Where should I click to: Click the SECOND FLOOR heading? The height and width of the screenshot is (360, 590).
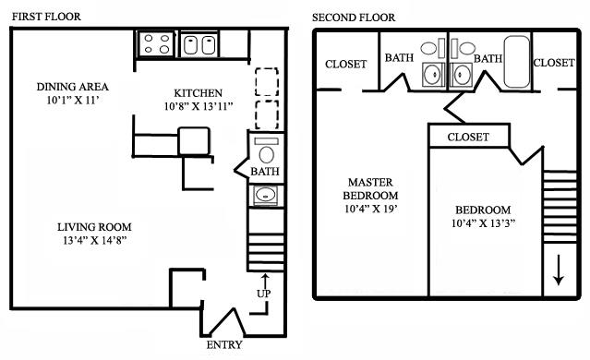click(354, 17)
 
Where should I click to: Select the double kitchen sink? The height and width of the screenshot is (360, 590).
click(197, 43)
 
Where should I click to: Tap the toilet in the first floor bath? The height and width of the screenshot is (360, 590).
click(267, 153)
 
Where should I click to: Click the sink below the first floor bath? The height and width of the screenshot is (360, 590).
click(265, 195)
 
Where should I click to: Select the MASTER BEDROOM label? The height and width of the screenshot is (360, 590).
click(372, 188)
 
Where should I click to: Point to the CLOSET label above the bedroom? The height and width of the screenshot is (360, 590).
click(468, 137)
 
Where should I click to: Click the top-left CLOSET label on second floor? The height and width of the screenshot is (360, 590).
click(345, 64)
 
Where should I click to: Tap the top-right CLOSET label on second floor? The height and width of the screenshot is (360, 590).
click(554, 63)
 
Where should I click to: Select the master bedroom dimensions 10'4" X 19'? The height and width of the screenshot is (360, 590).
click(372, 210)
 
